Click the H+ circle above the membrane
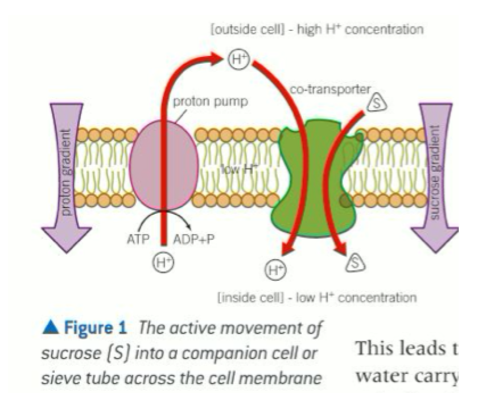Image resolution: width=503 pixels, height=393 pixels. point(238,57)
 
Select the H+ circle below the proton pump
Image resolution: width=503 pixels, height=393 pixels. point(164,262)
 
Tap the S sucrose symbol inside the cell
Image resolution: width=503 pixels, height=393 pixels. point(354,262)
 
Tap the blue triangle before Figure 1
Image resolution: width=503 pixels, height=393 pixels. point(51,328)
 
